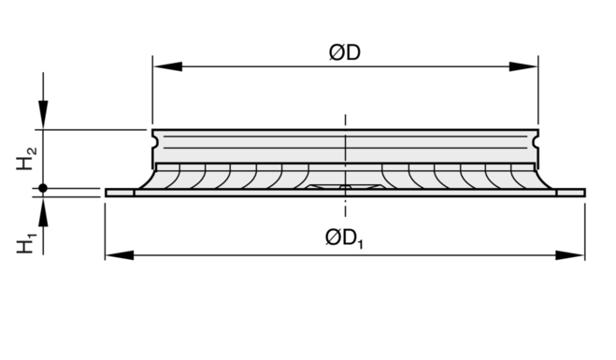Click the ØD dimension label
click(345, 52)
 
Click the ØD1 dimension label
click(345, 238)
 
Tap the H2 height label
click(26, 158)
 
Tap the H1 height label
click(26, 243)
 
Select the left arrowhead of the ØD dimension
click(167, 66)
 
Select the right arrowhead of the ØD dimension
click(523, 66)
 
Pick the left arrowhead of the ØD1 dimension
click(120, 255)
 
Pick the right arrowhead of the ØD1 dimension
click(570, 255)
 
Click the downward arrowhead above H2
click(43, 114)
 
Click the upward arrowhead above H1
click(43, 211)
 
